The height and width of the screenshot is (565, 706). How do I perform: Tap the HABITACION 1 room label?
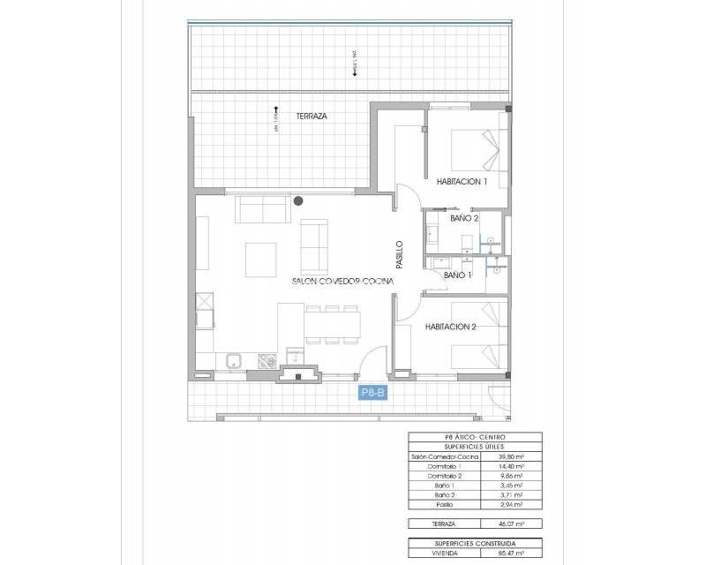tap(462, 181)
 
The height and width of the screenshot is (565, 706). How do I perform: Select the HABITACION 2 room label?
tap(450, 326)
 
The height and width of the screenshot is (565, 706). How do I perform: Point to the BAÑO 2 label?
tap(464, 218)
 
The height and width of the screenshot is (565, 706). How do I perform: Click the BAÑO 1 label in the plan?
tap(457, 275)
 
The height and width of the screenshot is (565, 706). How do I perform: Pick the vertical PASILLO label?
tap(399, 254)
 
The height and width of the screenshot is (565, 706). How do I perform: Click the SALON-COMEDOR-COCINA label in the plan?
tap(342, 281)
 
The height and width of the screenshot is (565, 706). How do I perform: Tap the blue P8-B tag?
tap(372, 394)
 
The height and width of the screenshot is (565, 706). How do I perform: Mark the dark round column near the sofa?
tap(300, 201)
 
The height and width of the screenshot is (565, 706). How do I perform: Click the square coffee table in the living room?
tap(260, 259)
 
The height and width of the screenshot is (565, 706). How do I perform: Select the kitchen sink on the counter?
tap(236, 361)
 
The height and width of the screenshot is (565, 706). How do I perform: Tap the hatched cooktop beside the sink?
tap(264, 361)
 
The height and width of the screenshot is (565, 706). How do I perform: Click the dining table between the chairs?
tap(333, 323)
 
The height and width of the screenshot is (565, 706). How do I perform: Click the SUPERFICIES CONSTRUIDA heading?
tap(475, 543)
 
